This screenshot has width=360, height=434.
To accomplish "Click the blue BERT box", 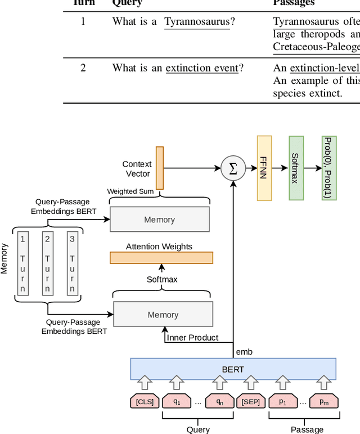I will [233, 369].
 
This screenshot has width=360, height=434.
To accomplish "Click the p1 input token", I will [283, 402].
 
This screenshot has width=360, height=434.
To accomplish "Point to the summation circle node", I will [232, 168].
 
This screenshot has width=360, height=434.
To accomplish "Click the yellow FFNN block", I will [264, 168].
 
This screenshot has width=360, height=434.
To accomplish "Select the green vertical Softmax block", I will [296, 168].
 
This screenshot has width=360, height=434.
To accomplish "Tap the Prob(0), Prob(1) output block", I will [329, 168].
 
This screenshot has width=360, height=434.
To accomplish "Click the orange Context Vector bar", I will [160, 168].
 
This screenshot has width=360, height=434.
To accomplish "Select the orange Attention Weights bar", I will [161, 258].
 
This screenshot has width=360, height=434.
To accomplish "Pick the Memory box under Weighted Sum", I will [159, 219].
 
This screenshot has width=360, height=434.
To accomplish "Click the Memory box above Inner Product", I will [163, 315].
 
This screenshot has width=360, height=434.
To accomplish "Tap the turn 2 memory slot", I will [47, 263].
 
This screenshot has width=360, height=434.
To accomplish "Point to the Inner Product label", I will [192, 338].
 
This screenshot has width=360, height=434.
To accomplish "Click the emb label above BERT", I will [244, 352].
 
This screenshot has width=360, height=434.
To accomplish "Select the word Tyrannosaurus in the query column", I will [197, 22].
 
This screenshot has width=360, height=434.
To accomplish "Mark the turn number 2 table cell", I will [83, 68].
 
